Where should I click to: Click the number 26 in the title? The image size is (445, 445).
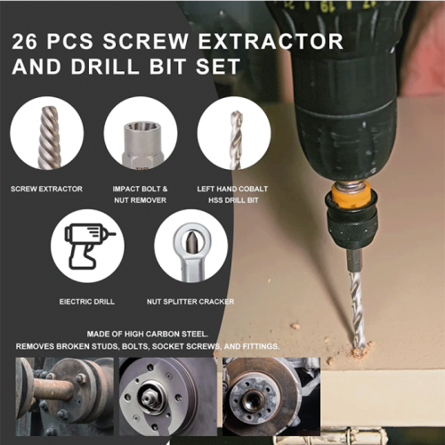coord(25,41)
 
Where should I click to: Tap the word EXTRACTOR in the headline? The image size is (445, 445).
coord(271,41)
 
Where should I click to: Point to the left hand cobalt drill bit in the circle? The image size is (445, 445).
coord(236,140)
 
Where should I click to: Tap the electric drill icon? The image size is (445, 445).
coord(90,247)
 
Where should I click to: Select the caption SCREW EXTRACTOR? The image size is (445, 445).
coord(46,189)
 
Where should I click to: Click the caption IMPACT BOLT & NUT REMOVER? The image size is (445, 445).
coord(140,194)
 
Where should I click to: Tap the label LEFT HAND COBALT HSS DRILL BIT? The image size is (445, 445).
coord(232,194)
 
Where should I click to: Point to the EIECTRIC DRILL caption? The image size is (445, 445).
coord(87,302)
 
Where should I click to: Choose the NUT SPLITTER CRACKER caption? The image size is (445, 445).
coord(190,302)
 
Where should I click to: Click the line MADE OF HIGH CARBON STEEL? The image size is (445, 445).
coord(148,334)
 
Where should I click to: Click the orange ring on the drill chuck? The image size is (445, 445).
coord(352,195)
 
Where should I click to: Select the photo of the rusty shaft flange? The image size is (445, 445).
coord(64,396)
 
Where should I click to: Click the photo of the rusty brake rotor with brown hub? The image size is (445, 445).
coord(271,396)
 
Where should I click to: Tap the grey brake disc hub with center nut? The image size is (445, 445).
coord(168,396)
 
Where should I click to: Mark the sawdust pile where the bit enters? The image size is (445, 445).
coord(362,349)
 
